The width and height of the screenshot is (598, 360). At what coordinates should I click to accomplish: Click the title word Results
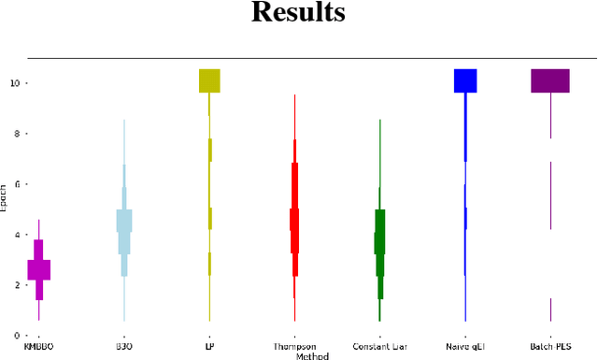299,14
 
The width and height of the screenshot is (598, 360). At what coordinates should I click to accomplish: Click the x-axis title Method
313,356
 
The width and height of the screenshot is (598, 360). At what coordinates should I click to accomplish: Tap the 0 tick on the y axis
17,335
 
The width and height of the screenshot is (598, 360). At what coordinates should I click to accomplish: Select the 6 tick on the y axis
17,184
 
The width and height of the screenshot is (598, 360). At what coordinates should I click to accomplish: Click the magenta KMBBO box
39,269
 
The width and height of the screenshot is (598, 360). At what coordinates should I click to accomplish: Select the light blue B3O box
124,221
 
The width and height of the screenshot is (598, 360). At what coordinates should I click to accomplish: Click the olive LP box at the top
209,80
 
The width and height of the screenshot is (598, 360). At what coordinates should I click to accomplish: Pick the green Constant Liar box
379,242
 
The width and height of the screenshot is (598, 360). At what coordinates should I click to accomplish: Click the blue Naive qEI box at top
465,80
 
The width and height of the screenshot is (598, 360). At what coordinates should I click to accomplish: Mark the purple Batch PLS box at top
550,80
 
